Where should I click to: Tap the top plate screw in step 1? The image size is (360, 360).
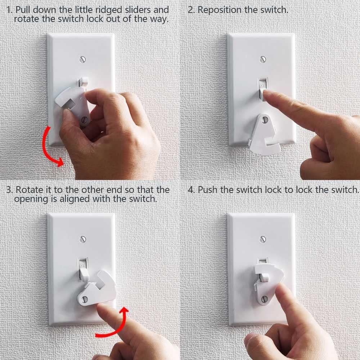tap(84, 58)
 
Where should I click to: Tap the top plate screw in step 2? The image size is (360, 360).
tap(263, 58)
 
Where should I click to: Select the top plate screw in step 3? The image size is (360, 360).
tap(83, 238)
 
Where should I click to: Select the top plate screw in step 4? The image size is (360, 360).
tap(263, 238)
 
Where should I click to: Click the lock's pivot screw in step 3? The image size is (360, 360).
tap(85, 298)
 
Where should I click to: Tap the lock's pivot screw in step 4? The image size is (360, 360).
tap(265, 298)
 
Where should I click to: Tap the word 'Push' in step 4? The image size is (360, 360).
tap(208, 189)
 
